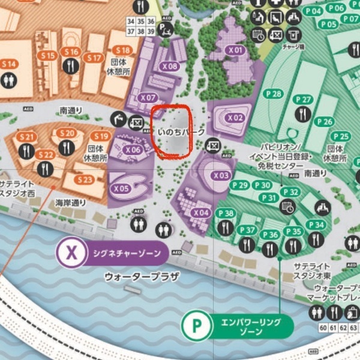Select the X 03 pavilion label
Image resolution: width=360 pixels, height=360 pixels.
click(221, 175)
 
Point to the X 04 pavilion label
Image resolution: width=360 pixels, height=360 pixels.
click(201, 212)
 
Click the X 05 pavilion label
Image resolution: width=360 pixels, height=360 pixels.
click(121, 188)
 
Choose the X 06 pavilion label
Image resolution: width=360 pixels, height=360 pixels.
click(133, 150)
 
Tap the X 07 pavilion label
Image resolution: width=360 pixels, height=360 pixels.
click(148, 97)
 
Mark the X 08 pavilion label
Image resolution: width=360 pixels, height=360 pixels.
click(170, 67)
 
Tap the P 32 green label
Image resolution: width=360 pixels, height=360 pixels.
click(290, 192)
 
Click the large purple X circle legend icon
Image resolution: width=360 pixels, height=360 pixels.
click(72, 253)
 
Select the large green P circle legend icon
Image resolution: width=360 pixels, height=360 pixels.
click(196, 326)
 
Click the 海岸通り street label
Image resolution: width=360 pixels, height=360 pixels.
click(71, 203)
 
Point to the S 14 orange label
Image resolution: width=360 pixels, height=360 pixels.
click(8, 64)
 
